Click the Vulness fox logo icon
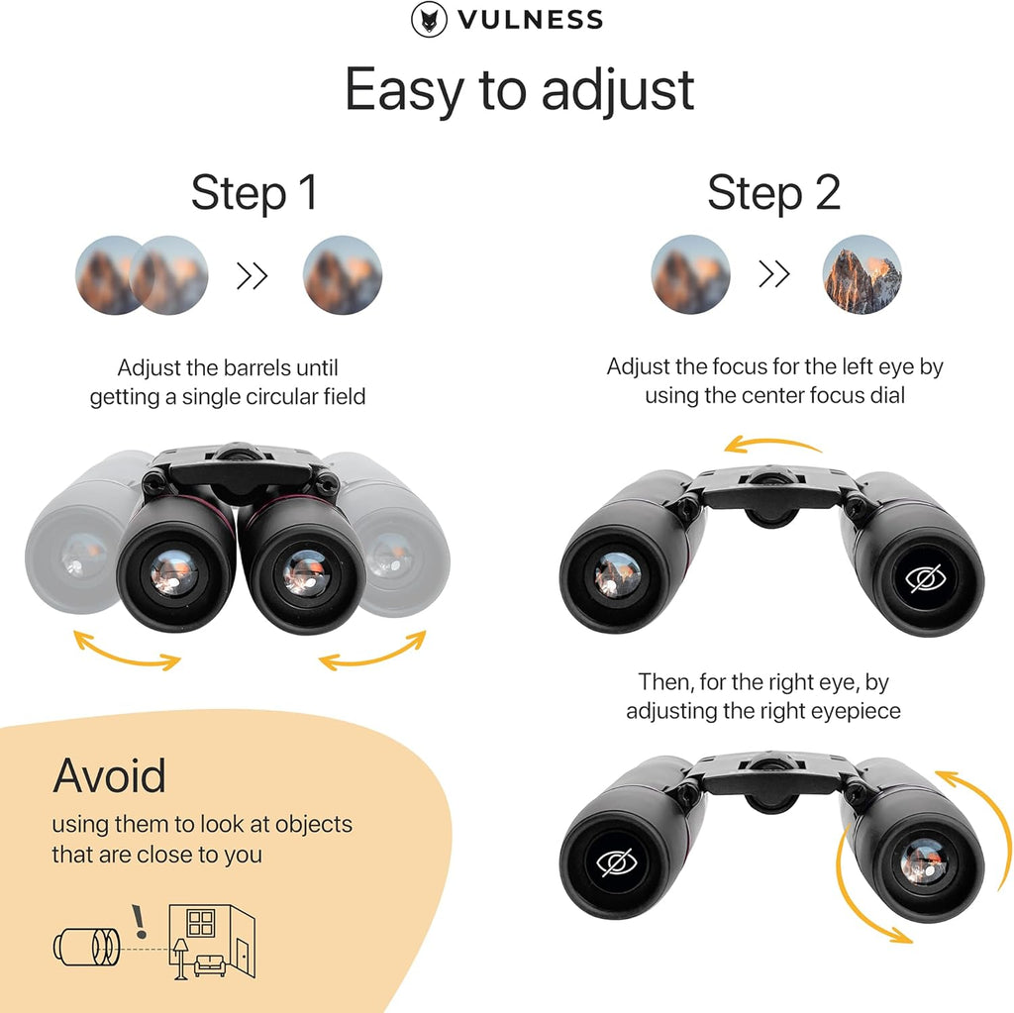click(426, 19)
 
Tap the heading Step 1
click(254, 192)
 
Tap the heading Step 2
click(773, 192)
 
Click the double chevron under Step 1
click(253, 276)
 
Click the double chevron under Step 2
click(773, 275)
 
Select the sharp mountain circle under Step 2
click(862, 274)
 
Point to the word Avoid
click(109, 775)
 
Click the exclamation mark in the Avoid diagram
click(140, 922)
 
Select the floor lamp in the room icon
click(181, 956)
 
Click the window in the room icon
click(201, 923)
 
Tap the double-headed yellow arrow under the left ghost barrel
click(128, 650)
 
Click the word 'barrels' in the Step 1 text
click(262, 368)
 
